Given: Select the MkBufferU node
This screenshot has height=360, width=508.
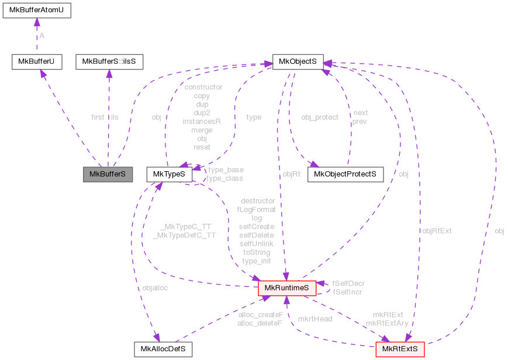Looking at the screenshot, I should coord(36,61).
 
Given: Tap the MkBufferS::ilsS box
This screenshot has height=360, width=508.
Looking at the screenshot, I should coord(109,61).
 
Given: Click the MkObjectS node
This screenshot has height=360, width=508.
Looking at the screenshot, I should coord(298,61).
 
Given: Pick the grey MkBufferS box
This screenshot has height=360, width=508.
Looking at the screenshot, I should coord(108,174).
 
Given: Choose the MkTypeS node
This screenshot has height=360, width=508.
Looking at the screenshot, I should coord(169,174).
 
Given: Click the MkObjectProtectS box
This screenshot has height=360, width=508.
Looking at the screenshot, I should coord(345,174).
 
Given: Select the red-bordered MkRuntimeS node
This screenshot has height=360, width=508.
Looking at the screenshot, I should coord(287,288).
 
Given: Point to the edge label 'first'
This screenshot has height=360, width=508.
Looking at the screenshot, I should coord(98,117).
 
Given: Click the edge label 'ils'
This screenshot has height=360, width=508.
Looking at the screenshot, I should coord(114,117).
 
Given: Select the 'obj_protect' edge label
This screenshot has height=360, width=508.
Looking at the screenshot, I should coord(319,117).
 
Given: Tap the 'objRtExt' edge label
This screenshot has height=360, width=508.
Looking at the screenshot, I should coord(437,231).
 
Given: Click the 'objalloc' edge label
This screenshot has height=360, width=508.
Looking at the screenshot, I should coord(155,288).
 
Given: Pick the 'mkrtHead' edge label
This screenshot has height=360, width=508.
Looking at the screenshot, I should coord(315,319).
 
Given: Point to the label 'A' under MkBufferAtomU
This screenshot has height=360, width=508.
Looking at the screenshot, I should coord(42,36).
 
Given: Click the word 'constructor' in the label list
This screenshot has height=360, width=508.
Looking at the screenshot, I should coord(203,87).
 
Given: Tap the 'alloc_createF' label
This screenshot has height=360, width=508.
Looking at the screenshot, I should coord(261,315).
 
